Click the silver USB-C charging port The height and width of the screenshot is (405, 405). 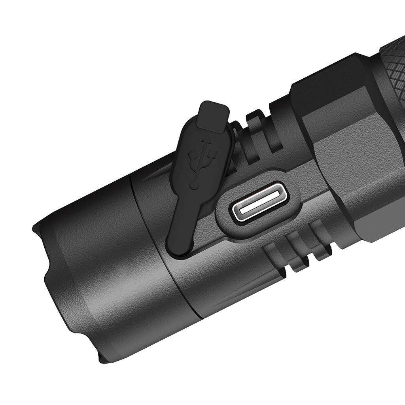(259, 203)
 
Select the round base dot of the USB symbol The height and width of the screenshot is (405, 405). (194, 185)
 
